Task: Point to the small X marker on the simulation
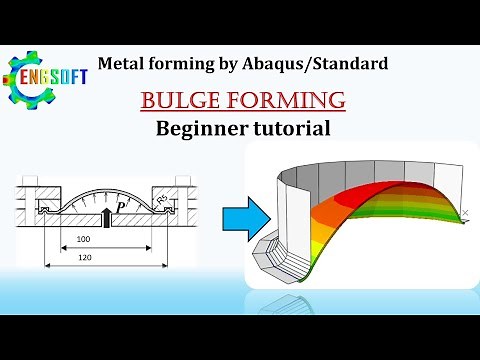(x=463, y=212)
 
